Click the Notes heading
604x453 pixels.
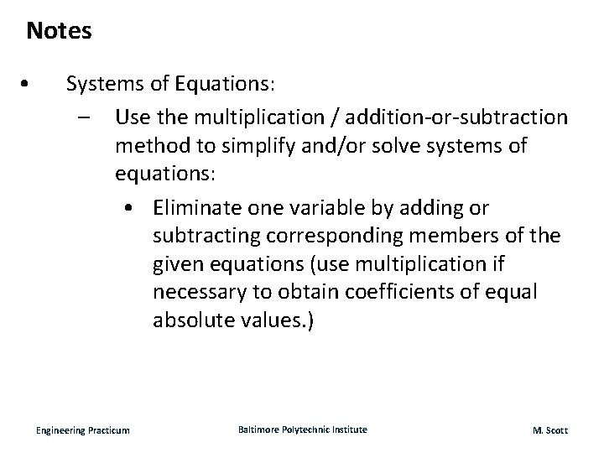point(59,32)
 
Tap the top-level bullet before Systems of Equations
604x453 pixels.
point(28,84)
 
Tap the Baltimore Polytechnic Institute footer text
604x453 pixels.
point(302,430)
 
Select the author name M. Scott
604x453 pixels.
point(549,430)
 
